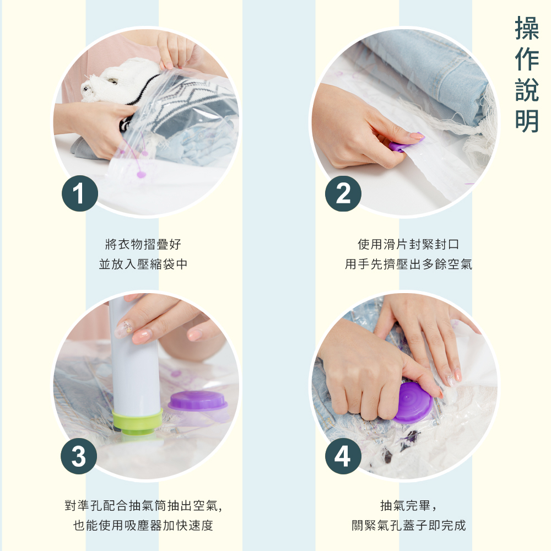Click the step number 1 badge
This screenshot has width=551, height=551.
pos(80,193)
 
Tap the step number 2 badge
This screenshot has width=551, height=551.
pos(343,193)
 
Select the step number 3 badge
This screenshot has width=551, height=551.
pos(79,456)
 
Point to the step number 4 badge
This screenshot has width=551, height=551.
pos(343,456)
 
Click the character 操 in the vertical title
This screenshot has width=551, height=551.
pos(527,29)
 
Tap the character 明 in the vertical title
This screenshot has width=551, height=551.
pos(527,121)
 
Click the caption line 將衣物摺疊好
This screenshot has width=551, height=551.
pos(143,244)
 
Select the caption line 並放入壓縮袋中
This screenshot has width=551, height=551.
pos(143,264)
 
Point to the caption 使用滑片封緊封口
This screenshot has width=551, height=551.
pos(408,244)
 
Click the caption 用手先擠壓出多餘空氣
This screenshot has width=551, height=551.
pos(408,264)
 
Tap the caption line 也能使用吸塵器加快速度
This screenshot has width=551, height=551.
pos(143,525)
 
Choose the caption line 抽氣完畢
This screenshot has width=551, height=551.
pos(408,506)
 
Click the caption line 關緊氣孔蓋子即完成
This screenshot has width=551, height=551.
pos(408,525)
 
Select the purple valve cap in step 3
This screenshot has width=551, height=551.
pos(198,401)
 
